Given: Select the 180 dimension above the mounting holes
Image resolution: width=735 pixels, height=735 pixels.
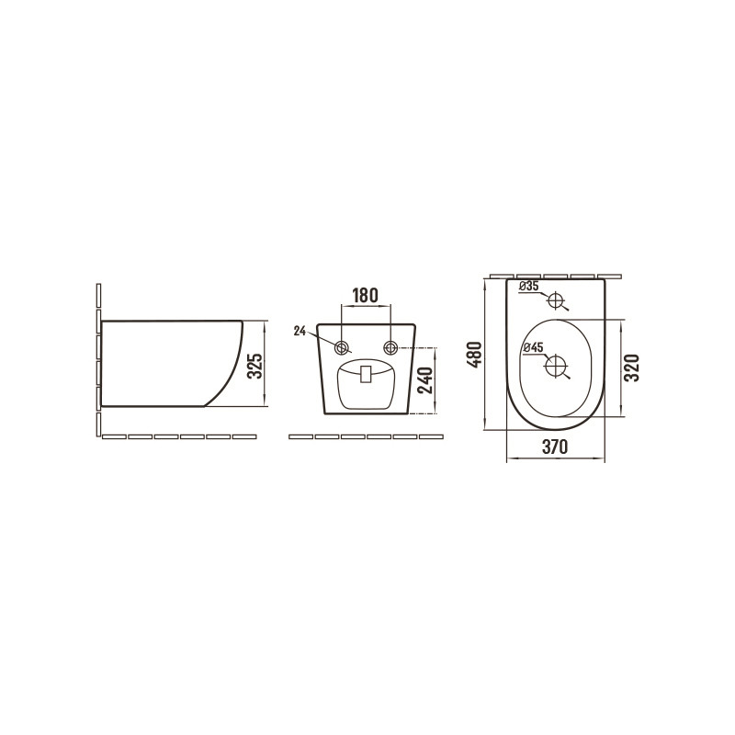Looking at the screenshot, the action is (365, 295).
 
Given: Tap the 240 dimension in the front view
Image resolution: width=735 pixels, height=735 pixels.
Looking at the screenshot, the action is (425, 380).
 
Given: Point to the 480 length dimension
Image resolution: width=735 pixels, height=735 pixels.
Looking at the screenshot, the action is (474, 355).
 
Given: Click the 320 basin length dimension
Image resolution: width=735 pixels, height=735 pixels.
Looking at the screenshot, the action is (632, 368).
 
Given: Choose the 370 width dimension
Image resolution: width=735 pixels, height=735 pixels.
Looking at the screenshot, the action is (555, 447).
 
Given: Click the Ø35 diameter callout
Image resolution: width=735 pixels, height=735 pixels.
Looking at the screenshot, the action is (530, 286).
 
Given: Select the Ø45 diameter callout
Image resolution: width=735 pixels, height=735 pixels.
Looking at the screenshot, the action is (533, 347).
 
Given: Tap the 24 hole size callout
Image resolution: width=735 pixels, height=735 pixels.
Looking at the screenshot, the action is (300, 332).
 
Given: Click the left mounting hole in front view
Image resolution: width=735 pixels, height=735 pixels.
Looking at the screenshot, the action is (342, 348).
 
